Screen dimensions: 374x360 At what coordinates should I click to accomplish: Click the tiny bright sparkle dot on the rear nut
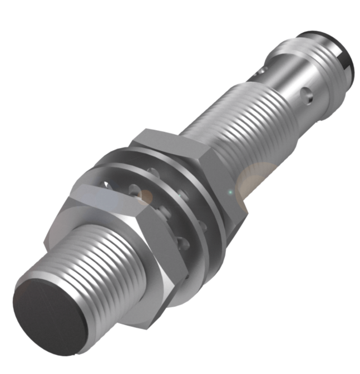(230, 193)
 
